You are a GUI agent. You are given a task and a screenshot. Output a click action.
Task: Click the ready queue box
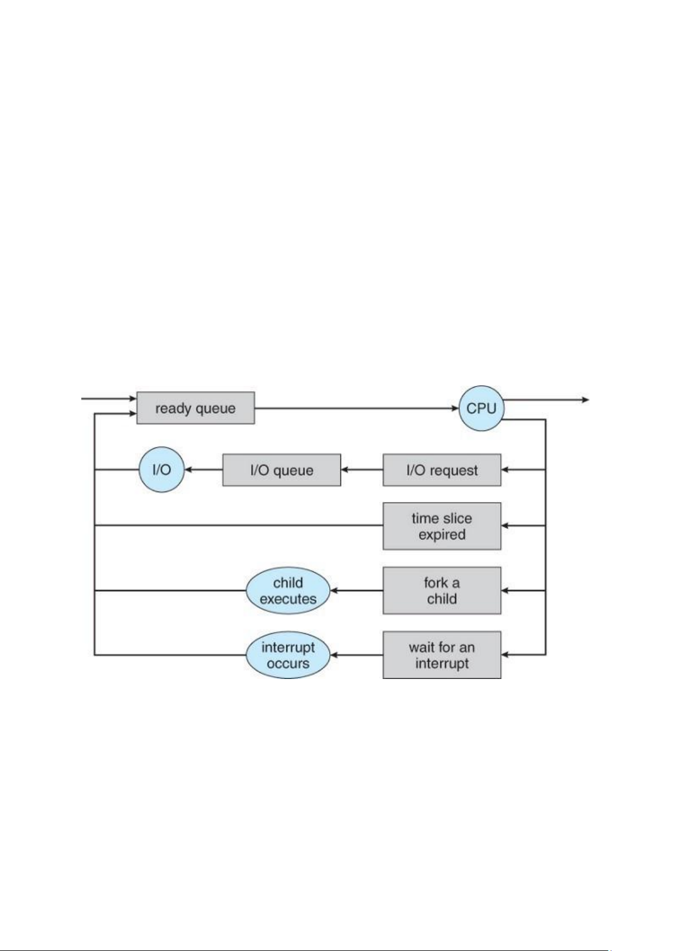click(195, 407)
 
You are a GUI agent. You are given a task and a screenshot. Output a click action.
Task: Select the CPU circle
click(481, 408)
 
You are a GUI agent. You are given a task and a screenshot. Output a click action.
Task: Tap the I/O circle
click(162, 470)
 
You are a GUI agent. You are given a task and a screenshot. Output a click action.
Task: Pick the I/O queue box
click(282, 470)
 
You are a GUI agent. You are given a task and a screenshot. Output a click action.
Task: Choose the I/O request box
click(442, 470)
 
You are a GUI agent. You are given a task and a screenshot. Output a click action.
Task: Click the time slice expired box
click(442, 526)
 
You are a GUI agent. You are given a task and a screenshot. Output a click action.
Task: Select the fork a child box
click(442, 590)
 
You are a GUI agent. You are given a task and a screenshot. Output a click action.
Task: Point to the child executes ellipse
click(288, 590)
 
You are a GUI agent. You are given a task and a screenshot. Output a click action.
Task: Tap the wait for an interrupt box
click(442, 655)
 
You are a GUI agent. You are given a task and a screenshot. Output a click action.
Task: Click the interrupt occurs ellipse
click(288, 655)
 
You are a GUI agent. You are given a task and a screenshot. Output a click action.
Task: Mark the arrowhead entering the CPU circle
click(455, 408)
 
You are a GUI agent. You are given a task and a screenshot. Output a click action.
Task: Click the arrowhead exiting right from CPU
click(585, 400)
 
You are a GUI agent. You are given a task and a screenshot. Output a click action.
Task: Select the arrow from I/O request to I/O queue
click(362, 470)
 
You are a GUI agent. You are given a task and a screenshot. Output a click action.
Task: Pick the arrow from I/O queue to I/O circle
click(204, 470)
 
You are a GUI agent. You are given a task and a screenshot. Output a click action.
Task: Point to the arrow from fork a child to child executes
click(357, 590)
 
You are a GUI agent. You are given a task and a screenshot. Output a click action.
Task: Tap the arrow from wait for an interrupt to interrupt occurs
click(357, 655)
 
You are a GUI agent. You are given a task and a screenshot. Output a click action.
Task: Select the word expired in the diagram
click(442, 535)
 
